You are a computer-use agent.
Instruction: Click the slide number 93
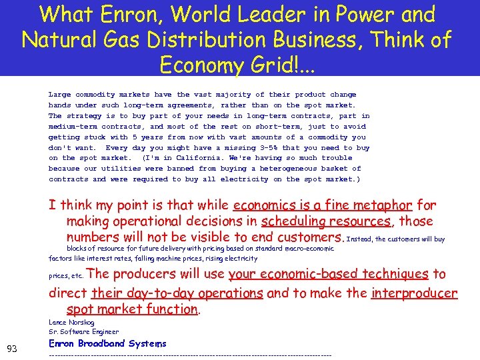(x=12, y=349)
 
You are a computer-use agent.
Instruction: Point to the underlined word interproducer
(x=415, y=293)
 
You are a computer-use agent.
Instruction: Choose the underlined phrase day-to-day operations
(x=177, y=293)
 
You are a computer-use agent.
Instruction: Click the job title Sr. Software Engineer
(x=84, y=331)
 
